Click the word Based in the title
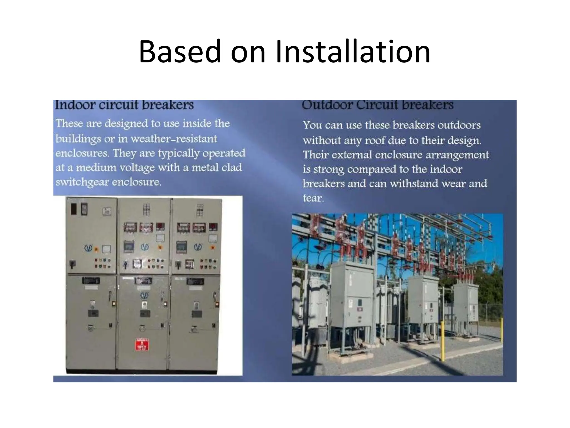[180, 52]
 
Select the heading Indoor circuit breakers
[124, 105]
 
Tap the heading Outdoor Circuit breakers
[378, 105]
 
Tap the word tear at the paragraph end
[313, 198]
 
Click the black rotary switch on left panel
[73, 264]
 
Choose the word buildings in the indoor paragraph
[78, 138]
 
